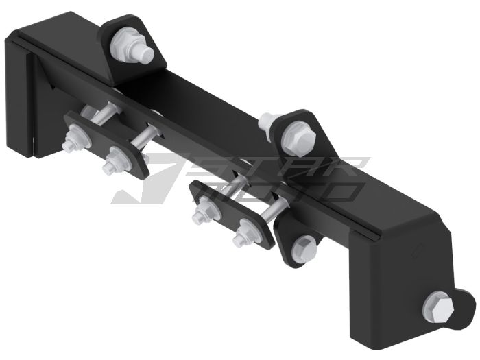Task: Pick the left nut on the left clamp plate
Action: [70, 143]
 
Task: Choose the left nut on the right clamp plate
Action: [200, 215]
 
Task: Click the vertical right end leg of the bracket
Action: [398, 288]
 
